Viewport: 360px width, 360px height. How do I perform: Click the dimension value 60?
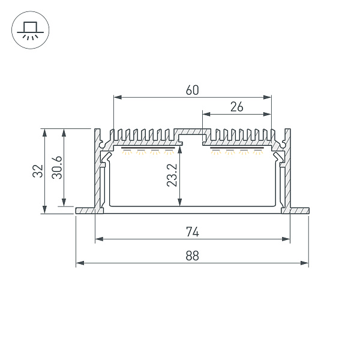pyautogui.click(x=192, y=91)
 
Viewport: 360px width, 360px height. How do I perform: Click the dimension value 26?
pyautogui.click(x=236, y=107)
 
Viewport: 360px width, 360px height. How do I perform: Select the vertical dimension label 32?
pyautogui.click(x=38, y=170)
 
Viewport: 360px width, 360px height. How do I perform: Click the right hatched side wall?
pyautogui.click(x=287, y=174)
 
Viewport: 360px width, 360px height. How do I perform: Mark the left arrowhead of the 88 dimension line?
pyautogui.click(x=79, y=263)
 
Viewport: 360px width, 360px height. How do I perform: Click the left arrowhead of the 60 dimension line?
pyautogui.click(x=116, y=97)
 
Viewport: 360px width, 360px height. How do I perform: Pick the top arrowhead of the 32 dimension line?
pyautogui.click(x=44, y=131)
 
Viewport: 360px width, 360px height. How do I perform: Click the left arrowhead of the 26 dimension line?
pyautogui.click(x=205, y=113)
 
